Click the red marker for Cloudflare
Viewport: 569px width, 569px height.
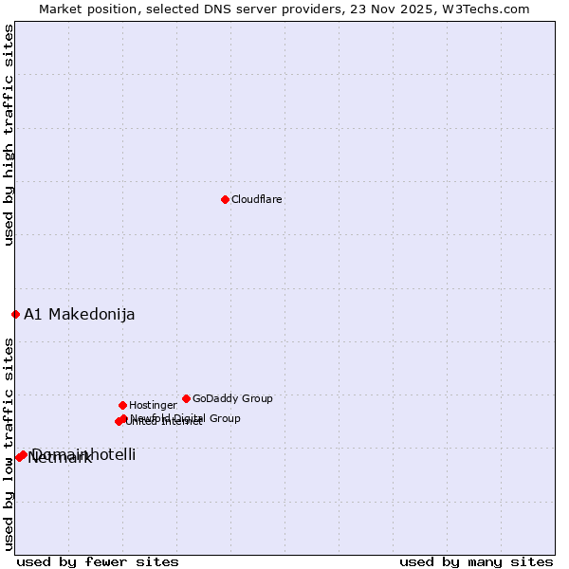coord(225,199)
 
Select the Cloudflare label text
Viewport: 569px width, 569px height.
coord(257,199)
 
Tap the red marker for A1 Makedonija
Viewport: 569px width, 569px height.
coord(15,314)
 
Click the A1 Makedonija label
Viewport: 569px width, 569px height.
coord(80,315)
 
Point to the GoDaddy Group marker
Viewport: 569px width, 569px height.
coord(186,398)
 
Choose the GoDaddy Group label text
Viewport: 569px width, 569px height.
coord(232,398)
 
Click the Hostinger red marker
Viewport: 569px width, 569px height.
coord(122,405)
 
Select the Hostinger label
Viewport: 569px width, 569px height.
coord(153,405)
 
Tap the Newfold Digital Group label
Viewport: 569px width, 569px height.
coord(186,418)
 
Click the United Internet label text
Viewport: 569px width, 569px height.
coord(164,422)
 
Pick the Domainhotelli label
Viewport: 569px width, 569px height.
coord(84,454)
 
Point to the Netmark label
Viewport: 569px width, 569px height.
coord(60,458)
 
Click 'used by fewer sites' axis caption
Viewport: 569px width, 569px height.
coord(98,561)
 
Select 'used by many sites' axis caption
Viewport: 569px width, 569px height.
coord(476,561)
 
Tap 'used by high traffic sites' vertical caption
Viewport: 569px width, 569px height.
coord(9,136)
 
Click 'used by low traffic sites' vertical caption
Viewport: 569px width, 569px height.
coord(9,444)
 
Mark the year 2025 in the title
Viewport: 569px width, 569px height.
coord(429,9)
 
